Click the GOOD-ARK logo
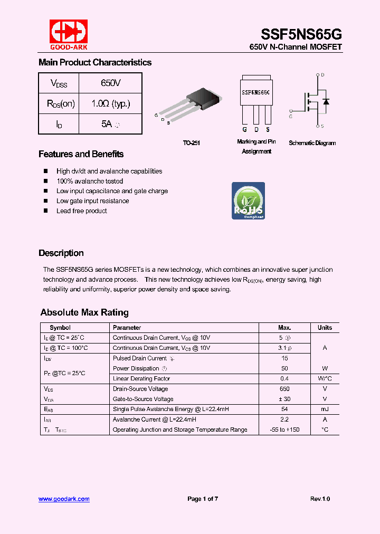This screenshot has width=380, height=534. click(68, 34)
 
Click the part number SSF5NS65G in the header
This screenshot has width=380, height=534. click(301, 33)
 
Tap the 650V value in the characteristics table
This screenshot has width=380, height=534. click(111, 83)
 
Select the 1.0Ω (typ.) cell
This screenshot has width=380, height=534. click(111, 103)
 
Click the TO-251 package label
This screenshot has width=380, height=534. click(192, 143)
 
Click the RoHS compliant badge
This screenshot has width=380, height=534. click(248, 201)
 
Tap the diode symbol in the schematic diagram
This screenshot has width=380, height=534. click(326, 101)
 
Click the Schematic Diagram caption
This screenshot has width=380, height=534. click(312, 143)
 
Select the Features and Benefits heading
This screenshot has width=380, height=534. click(81, 154)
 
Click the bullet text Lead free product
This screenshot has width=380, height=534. click(82, 211)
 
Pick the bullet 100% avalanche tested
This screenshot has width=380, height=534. click(90, 181)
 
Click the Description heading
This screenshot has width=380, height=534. click(61, 253)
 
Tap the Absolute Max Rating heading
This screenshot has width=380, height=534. click(84, 312)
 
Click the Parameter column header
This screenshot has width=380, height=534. click(127, 328)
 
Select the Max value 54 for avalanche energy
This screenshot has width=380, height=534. click(284, 409)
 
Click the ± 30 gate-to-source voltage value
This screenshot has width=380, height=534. click(284, 399)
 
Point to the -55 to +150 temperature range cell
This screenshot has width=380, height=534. click(284, 430)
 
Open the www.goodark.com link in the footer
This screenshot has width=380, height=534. click(64, 499)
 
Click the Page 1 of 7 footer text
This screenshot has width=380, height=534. click(203, 499)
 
